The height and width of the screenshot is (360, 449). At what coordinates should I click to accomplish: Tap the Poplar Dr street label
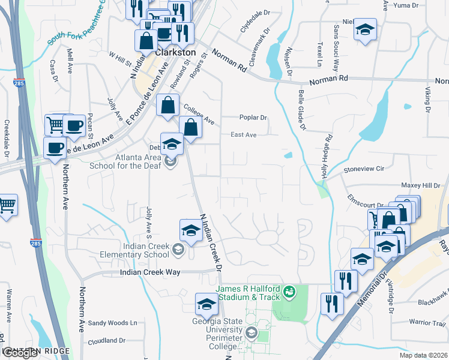pos(252,118)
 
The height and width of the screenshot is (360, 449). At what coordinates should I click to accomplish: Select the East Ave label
pos(244,135)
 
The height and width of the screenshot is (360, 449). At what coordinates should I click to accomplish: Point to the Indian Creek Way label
pos(150,272)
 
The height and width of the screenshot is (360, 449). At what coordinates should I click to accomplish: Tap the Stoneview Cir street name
pos(364,170)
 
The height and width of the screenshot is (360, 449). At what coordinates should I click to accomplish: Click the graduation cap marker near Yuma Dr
pos(364,30)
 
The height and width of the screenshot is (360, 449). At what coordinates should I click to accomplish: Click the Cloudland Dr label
pos(106,340)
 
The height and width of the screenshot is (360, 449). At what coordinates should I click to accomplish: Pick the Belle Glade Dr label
pos(302,110)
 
